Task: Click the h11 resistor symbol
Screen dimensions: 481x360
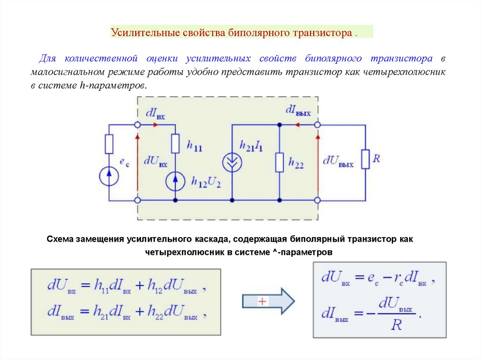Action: click(175, 144)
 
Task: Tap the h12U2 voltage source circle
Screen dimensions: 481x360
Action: click(175, 180)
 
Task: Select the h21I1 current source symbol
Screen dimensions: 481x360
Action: click(232, 162)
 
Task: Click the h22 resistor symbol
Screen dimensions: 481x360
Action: click(279, 162)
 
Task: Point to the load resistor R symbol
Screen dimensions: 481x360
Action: click(365, 159)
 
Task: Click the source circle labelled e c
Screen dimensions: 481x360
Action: click(109, 176)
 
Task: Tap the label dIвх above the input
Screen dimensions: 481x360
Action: click(155, 114)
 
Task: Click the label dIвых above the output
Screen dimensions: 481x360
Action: click(298, 111)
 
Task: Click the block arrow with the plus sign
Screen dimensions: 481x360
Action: click(268, 301)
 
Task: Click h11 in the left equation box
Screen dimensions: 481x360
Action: click(101, 285)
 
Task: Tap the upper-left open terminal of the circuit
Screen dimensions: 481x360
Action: click(138, 125)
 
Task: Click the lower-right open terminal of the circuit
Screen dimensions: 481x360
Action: click(318, 200)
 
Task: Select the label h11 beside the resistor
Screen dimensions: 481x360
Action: click(194, 147)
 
